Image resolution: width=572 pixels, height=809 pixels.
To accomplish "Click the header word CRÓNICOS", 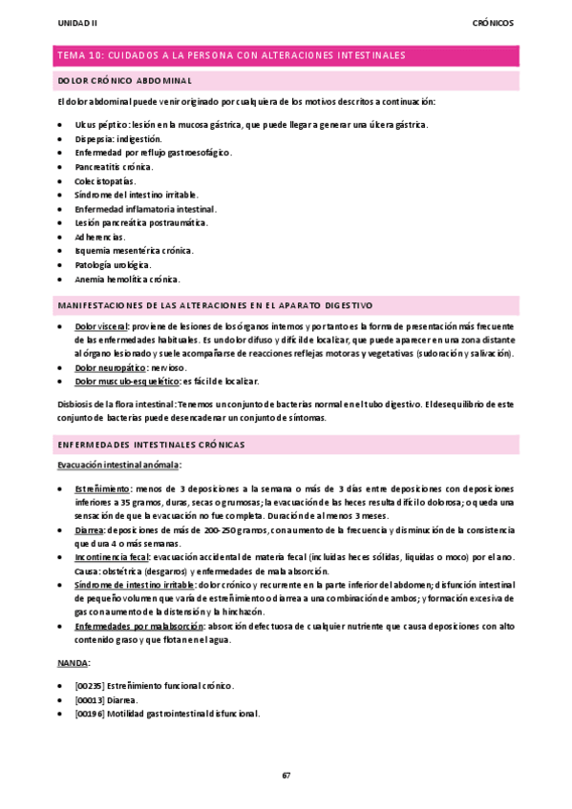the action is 494,22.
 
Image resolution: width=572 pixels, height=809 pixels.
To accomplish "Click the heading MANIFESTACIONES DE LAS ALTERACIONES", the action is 216,305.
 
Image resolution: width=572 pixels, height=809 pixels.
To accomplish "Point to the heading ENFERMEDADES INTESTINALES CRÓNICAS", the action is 152,445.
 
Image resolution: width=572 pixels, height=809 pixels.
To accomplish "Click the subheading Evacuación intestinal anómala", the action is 119,465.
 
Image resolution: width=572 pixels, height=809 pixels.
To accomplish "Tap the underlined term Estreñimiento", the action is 104,487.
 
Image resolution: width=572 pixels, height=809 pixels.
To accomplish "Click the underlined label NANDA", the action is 73,660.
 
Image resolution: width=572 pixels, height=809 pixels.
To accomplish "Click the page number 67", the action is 286,774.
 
